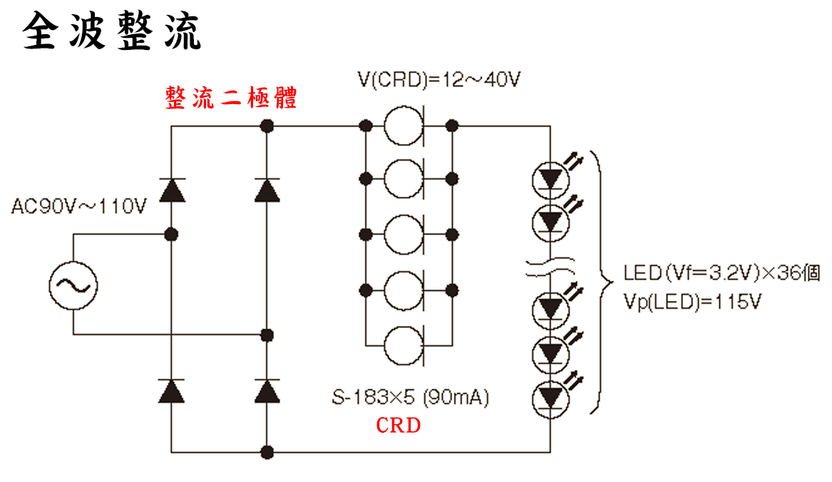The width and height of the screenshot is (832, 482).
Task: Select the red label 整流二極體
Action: pyautogui.click(x=231, y=98)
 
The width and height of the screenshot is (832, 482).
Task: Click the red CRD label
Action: pyautogui.click(x=399, y=426)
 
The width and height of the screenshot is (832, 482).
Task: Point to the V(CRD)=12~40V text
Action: pyautogui.click(x=438, y=79)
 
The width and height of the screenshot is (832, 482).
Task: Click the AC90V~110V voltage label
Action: pyautogui.click(x=79, y=207)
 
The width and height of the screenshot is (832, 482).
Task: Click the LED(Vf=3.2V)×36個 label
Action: pyautogui.click(x=721, y=273)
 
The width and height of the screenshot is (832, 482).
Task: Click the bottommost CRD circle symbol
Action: pyautogui.click(x=404, y=347)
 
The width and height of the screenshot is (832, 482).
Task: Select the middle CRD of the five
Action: pyautogui.click(x=404, y=235)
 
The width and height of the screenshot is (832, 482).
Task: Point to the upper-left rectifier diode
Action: pyautogui.click(x=171, y=190)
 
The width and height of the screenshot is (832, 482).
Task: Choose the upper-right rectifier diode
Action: pyautogui.click(x=267, y=190)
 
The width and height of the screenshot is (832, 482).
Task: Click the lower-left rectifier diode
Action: pyautogui.click(x=171, y=391)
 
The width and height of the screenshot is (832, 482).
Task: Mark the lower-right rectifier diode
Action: pyautogui.click(x=267, y=391)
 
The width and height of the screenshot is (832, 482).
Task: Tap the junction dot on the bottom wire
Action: pyautogui.click(x=267, y=452)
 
